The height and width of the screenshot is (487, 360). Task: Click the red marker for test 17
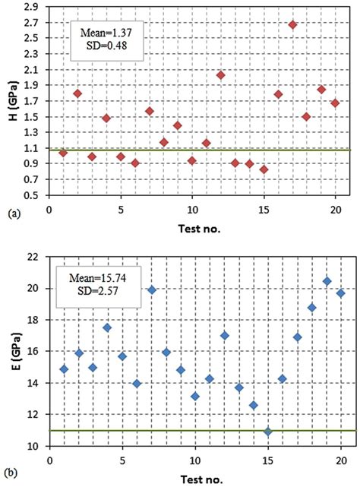pos(292,24)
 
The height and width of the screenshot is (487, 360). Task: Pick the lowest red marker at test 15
pos(264,169)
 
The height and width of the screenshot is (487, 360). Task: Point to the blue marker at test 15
pos(267,432)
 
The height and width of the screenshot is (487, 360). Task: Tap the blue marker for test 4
pos(107,327)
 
